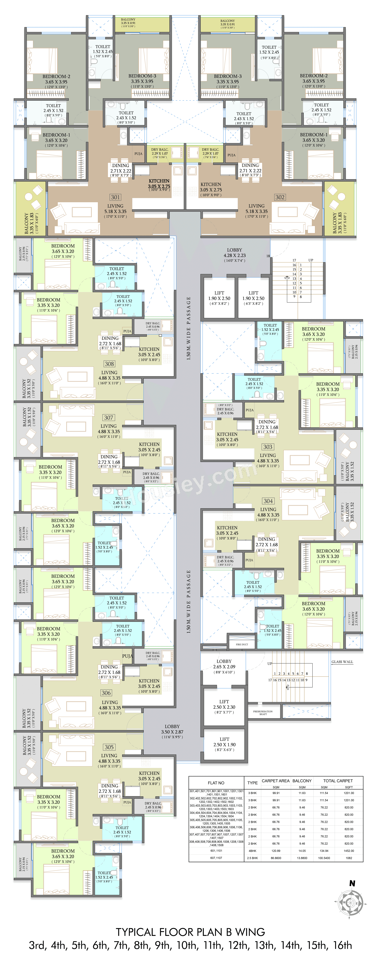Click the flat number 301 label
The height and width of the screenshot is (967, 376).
115,197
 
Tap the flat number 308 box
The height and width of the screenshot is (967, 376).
109,364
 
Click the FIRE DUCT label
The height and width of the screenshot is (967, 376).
242,644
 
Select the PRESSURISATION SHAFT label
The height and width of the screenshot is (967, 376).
263,713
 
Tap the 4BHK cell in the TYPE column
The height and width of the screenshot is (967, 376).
252,851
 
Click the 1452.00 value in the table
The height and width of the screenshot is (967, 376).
349,851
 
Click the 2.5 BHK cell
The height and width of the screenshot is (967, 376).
252,858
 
